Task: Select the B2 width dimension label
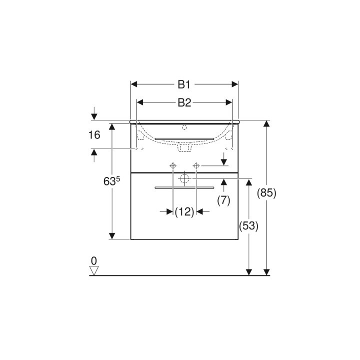(184, 102)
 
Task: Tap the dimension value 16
(94, 134)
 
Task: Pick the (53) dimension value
(248, 226)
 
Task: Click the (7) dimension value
(223, 200)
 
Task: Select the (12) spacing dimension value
(184, 212)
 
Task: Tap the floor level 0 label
(93, 260)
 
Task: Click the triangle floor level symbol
(93, 270)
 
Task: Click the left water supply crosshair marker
(173, 165)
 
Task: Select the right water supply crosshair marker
(196, 165)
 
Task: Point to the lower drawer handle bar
(184, 188)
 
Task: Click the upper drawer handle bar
(184, 138)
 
